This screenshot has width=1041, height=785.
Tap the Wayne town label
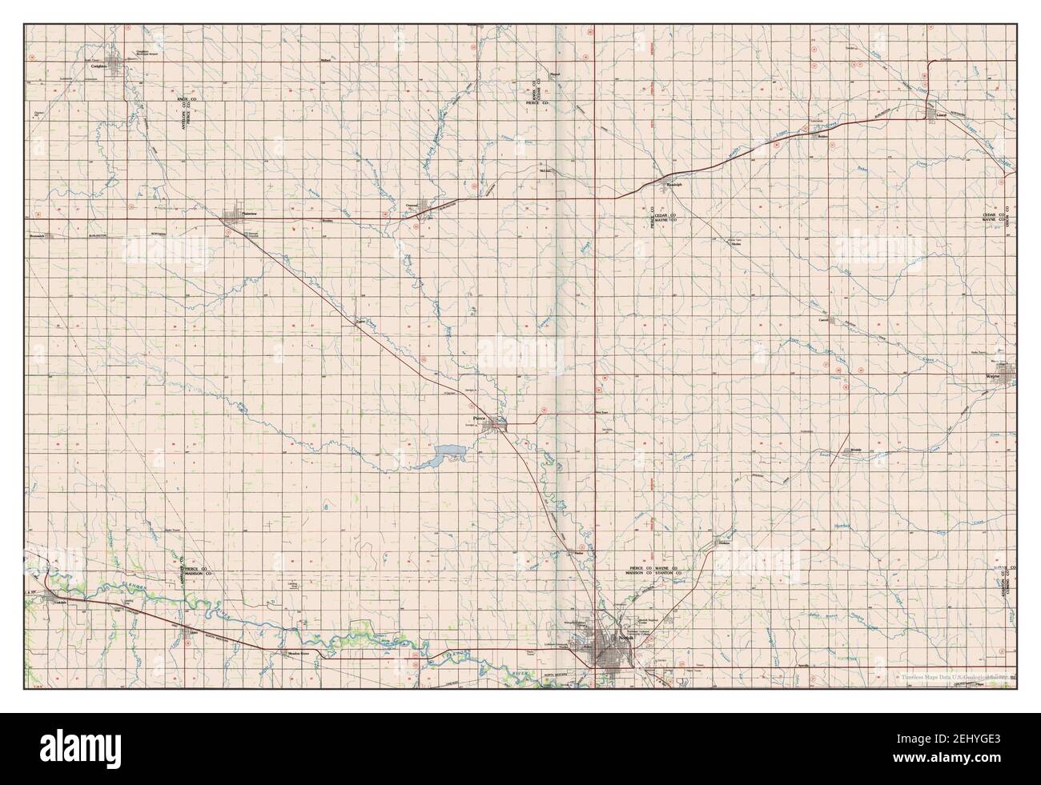(993, 374)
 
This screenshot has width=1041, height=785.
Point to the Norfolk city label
(625, 638)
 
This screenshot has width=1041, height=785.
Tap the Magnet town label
(554, 74)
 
